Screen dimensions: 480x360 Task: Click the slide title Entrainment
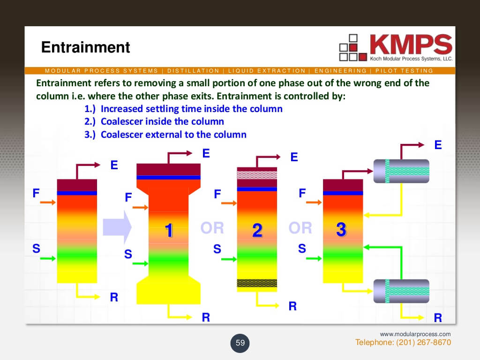click(85, 47)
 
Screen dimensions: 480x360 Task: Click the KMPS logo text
click(411, 45)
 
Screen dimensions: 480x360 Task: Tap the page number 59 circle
click(240, 343)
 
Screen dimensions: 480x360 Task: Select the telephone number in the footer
click(403, 342)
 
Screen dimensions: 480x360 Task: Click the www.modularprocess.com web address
click(415, 334)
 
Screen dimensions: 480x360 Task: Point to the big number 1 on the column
click(169, 230)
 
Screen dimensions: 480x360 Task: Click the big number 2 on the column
click(257, 230)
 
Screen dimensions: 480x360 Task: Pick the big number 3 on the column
click(341, 229)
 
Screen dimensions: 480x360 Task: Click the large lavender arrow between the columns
click(117, 227)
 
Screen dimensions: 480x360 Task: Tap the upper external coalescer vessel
click(401, 171)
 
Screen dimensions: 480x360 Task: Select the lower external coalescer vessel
click(401, 291)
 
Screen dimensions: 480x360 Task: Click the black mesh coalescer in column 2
click(257, 283)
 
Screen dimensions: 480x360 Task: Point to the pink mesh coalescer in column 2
click(257, 175)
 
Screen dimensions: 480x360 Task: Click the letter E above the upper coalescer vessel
click(438, 145)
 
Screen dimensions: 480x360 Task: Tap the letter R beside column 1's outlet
click(206, 317)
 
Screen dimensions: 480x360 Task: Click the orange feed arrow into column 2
click(229, 203)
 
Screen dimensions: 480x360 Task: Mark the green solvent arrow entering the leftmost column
click(48, 258)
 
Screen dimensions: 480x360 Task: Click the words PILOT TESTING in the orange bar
click(404, 71)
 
